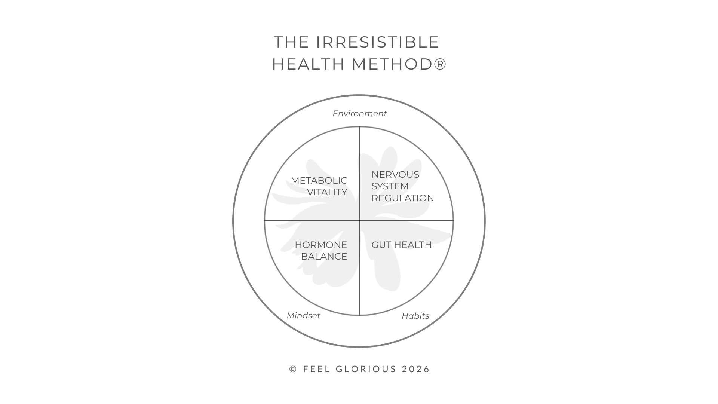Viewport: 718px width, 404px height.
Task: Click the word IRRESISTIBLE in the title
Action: pos(378,42)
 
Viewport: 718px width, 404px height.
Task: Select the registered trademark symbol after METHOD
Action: pos(440,64)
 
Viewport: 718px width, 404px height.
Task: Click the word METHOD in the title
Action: pos(392,64)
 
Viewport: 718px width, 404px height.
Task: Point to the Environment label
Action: pos(359,113)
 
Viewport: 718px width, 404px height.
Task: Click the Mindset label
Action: pos(303,316)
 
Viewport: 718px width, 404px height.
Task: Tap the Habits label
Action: pos(415,316)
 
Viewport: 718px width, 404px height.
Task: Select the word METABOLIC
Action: pos(319,180)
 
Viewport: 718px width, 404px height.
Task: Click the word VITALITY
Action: pos(327,192)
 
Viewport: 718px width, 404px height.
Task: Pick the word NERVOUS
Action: pos(395,174)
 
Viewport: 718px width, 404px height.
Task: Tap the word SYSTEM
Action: pos(390,186)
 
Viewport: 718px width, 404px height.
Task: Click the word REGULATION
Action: pos(403,198)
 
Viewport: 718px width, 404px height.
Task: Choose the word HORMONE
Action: pos(321,245)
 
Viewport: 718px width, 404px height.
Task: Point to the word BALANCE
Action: pos(324,257)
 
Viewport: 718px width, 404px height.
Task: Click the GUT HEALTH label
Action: pos(402,245)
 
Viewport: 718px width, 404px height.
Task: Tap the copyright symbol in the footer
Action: pos(293,369)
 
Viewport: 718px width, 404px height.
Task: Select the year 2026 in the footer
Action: pos(416,369)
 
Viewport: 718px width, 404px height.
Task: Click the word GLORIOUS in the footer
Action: pos(366,369)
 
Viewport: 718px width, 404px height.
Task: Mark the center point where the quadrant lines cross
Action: pos(359,221)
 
